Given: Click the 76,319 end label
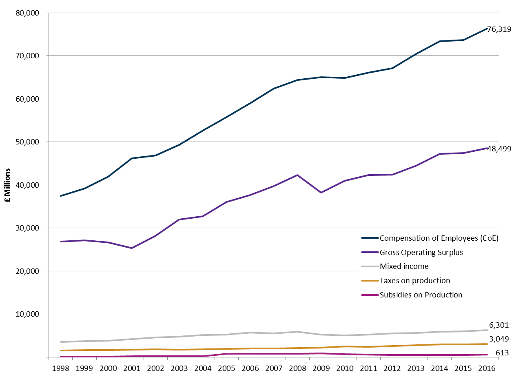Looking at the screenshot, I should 499,29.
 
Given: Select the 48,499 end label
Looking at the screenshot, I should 499,149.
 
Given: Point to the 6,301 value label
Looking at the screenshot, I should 499,325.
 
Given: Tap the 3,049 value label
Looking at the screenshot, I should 499,339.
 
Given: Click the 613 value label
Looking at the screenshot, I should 502,353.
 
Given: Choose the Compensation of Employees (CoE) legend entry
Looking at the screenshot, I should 439,238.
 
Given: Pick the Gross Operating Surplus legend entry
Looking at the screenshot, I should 421,252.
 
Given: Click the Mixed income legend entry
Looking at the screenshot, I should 404,266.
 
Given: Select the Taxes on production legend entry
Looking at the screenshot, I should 414,281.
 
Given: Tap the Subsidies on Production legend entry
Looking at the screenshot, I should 421,295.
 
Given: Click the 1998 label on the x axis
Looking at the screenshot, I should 60,368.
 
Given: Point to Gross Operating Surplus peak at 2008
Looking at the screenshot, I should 297,175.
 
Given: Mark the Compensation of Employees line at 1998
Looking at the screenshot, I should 60,196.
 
